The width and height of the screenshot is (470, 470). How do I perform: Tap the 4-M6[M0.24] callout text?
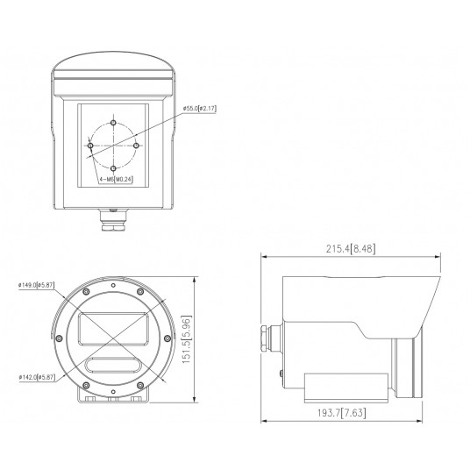[x=117, y=180]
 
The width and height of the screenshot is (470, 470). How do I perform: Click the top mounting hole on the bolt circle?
[x=114, y=120]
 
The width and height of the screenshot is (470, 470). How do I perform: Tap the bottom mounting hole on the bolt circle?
[x=114, y=167]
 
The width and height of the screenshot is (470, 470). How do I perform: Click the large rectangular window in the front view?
[x=111, y=329]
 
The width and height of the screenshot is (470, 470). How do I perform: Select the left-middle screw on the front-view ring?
[x=60, y=338]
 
